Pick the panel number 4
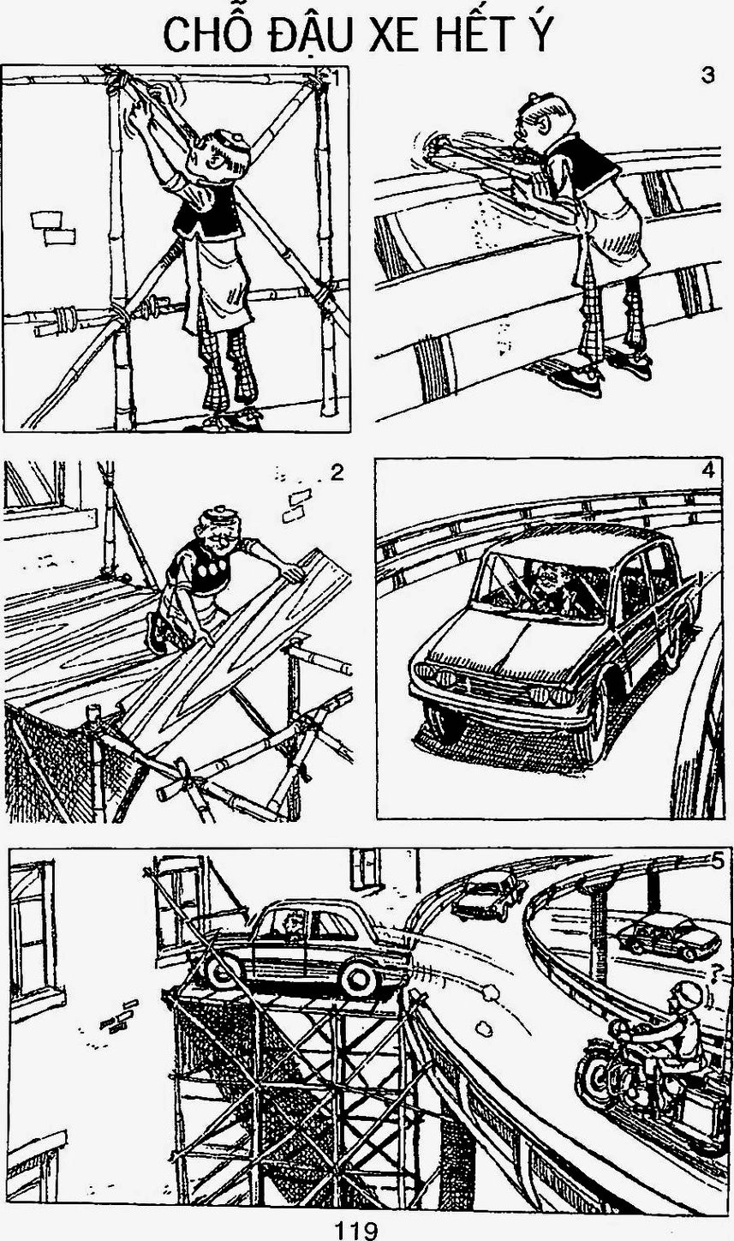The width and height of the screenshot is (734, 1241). (708, 470)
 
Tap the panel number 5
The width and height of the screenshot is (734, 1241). (718, 860)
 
